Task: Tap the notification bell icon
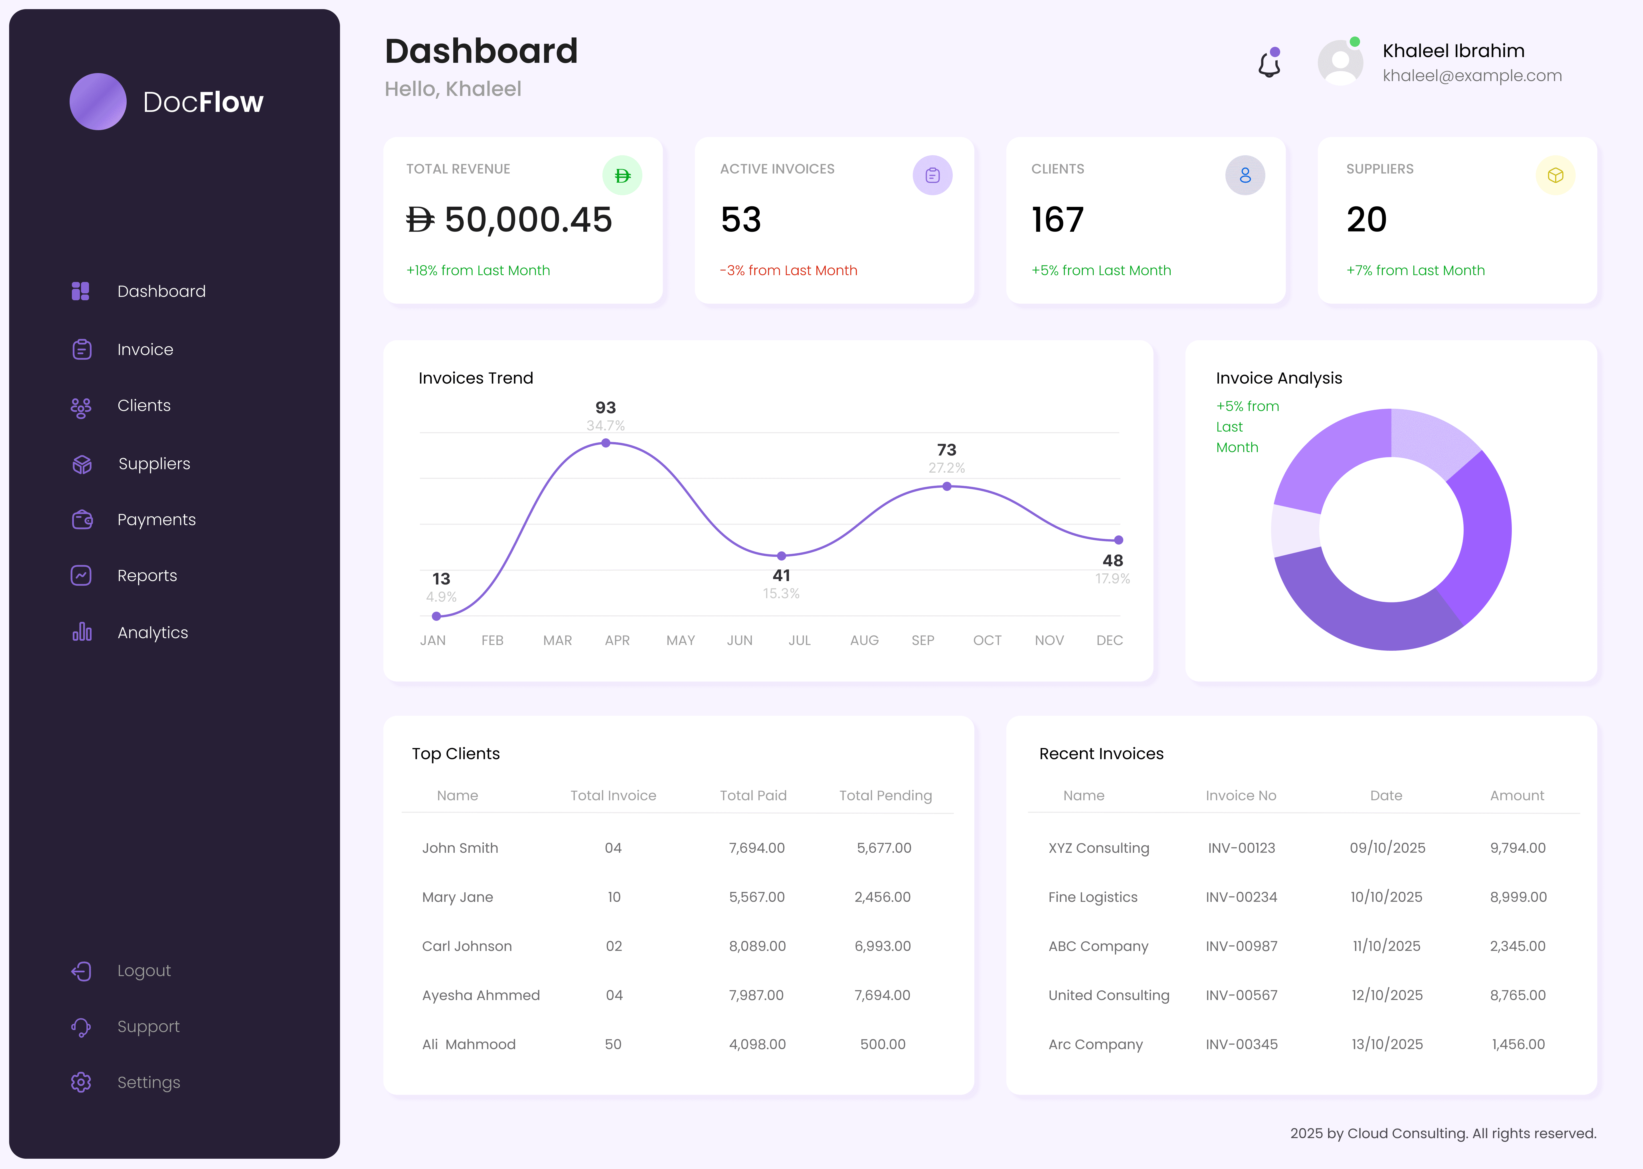click(x=1269, y=65)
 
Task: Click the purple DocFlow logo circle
click(x=98, y=102)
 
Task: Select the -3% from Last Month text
click(x=788, y=271)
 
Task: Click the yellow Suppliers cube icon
click(x=1555, y=176)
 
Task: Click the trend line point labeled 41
click(x=781, y=556)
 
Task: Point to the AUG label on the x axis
click(x=864, y=640)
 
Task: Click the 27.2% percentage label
click(x=946, y=468)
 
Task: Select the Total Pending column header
click(x=885, y=795)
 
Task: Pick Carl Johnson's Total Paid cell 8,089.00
click(x=757, y=946)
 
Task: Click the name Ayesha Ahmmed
click(x=481, y=995)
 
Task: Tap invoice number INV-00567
click(x=1242, y=995)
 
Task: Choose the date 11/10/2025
click(x=1386, y=946)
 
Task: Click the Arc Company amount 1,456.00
click(x=1518, y=1044)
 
